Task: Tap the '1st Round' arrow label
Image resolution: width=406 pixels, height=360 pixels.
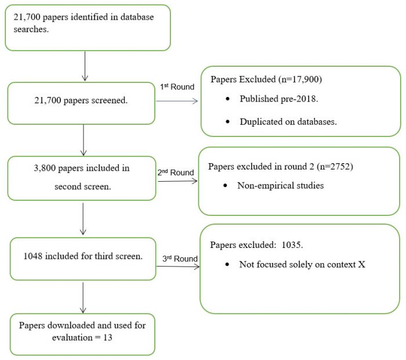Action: (x=177, y=87)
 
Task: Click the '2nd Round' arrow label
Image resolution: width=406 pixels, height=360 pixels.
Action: (x=175, y=172)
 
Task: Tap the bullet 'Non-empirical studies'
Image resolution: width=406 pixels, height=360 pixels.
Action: (x=281, y=186)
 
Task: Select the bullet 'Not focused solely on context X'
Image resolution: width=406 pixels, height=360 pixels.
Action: (x=302, y=264)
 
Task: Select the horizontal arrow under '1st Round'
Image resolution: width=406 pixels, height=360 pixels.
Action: (x=177, y=101)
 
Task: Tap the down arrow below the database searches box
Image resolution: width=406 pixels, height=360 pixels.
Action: (x=85, y=66)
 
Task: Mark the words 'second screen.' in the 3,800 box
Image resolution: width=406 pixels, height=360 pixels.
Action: (x=81, y=186)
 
